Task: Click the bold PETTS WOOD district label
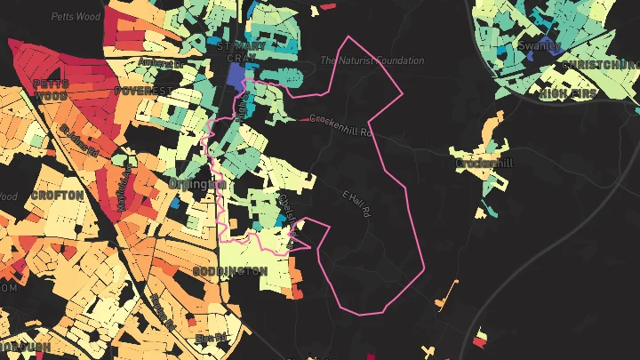51,89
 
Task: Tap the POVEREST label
142,91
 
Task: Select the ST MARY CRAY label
236,50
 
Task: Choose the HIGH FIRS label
565,92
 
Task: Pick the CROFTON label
57,195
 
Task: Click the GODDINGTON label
230,270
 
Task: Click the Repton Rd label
164,312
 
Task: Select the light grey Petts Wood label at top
75,16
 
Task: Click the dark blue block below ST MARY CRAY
236,76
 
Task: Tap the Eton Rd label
212,339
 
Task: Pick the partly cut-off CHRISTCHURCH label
600,65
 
